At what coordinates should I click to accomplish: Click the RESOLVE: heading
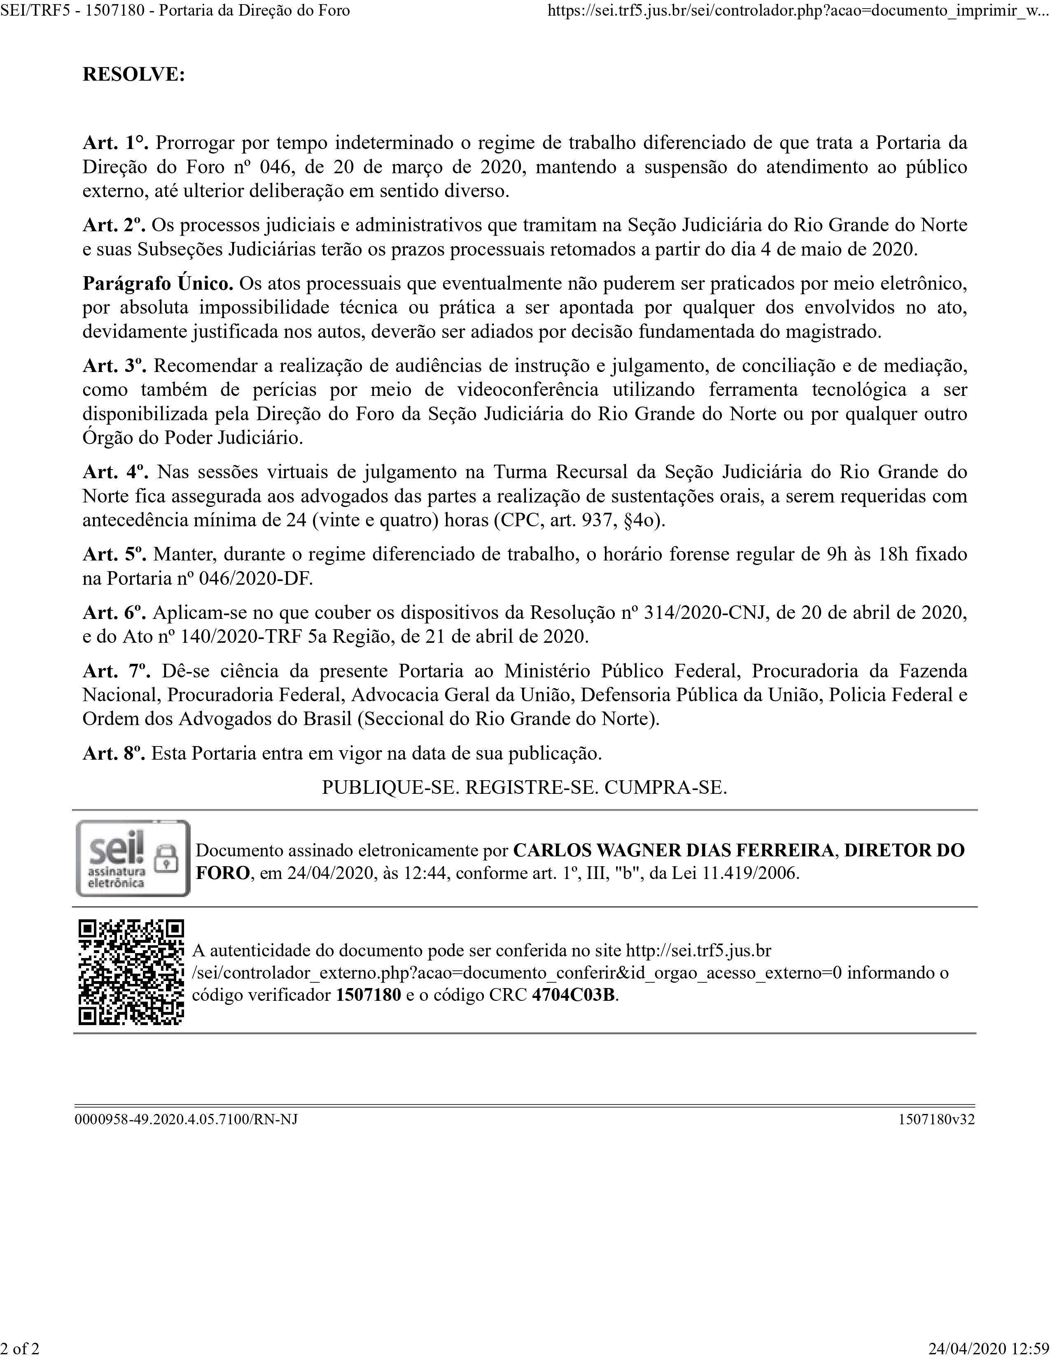(134, 74)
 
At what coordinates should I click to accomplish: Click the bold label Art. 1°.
(116, 143)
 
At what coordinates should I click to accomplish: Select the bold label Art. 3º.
(114, 365)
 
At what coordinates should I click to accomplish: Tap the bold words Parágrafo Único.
(158, 284)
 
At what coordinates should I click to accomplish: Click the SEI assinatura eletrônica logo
(133, 858)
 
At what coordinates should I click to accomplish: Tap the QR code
(131, 972)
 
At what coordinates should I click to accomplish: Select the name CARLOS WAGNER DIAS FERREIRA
(674, 850)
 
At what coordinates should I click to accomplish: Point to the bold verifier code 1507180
(368, 995)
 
